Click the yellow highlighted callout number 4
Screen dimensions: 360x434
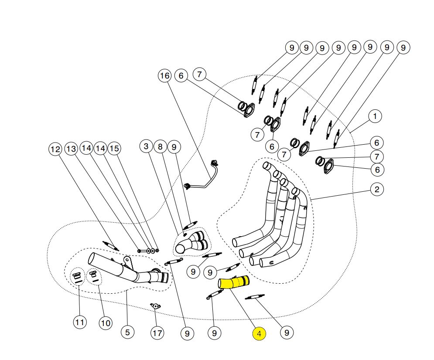click(259, 334)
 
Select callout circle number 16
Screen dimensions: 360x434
click(164, 76)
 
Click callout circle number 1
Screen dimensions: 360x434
click(375, 116)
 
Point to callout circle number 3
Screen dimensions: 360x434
click(146, 147)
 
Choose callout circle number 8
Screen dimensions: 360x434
click(160, 147)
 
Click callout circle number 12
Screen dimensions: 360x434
click(55, 149)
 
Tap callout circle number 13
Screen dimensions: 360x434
click(71, 149)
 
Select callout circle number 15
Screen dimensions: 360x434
click(114, 149)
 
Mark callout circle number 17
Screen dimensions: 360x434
click(157, 333)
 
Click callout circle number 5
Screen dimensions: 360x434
click(127, 332)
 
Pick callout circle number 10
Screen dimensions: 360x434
click(105, 323)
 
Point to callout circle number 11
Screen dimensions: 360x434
click(79, 323)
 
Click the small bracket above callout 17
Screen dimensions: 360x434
click(155, 306)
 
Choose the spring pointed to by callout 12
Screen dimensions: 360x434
click(110, 246)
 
